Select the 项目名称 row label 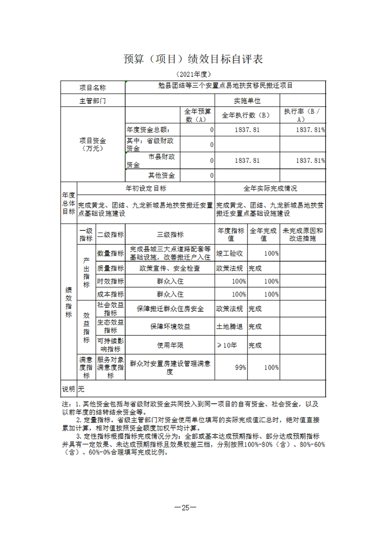[93, 88]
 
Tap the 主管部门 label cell [93, 101]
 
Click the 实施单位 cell [247, 101]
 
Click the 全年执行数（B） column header [247, 116]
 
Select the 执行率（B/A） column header [302, 116]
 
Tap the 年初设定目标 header [146, 188]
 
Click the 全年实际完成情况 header [270, 188]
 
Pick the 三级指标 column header [170, 235]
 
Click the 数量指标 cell [110, 253]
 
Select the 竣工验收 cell [230, 253]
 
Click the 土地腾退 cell [230, 326]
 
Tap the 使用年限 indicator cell [170, 345]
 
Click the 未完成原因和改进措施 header [302, 235]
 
